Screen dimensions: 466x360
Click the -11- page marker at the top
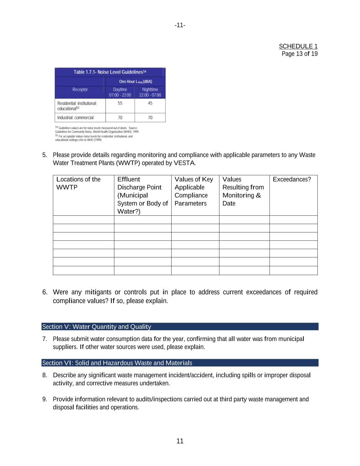(x=180, y=25)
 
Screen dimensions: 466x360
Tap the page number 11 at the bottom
(x=180, y=441)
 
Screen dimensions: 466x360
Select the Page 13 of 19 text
(x=300, y=54)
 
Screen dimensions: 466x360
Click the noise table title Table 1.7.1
(x=110, y=72)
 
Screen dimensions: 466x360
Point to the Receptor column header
(x=80, y=90)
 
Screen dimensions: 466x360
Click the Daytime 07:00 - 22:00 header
(x=120, y=92)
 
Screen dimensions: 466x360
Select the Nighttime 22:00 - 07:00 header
(x=150, y=92)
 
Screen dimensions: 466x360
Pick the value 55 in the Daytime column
(x=120, y=103)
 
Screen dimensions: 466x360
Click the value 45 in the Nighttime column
(x=150, y=103)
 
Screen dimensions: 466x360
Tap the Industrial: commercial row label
(x=75, y=118)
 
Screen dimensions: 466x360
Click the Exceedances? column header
(x=292, y=180)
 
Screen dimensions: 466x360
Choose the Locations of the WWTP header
(x=78, y=183)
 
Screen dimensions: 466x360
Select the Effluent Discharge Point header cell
(x=142, y=195)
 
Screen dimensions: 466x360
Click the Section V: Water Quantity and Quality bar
(x=180, y=327)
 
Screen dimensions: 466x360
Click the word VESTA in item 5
(x=184, y=163)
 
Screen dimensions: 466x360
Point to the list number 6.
(x=45, y=292)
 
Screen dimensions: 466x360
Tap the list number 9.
(x=45, y=399)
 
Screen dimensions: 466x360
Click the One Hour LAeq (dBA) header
(x=135, y=82)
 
